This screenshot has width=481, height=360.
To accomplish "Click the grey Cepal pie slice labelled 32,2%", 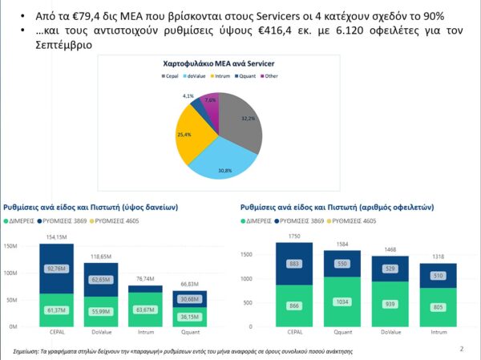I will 240,120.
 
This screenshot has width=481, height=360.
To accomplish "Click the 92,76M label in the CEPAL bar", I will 56,269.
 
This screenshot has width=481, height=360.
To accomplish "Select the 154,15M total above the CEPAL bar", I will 56,237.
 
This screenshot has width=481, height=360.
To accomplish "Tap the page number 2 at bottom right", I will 461,349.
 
